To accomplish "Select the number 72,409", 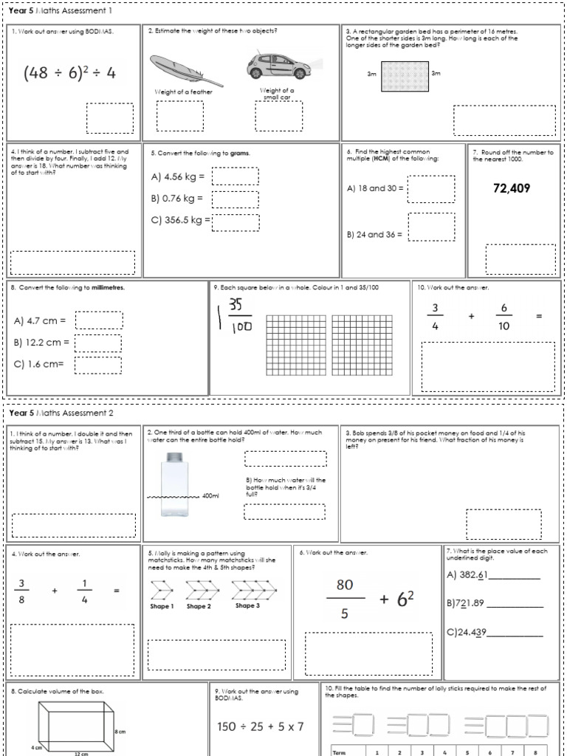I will pos(511,188).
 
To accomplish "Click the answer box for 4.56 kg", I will pos(235,176).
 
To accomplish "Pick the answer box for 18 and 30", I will pos(431,189).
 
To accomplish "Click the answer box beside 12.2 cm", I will pos(98,343).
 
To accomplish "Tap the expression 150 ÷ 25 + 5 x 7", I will pos(261,726).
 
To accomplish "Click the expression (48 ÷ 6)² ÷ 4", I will pos(69,72).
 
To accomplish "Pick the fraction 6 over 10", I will pos(504,316).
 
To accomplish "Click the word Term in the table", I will pos(340,752).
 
